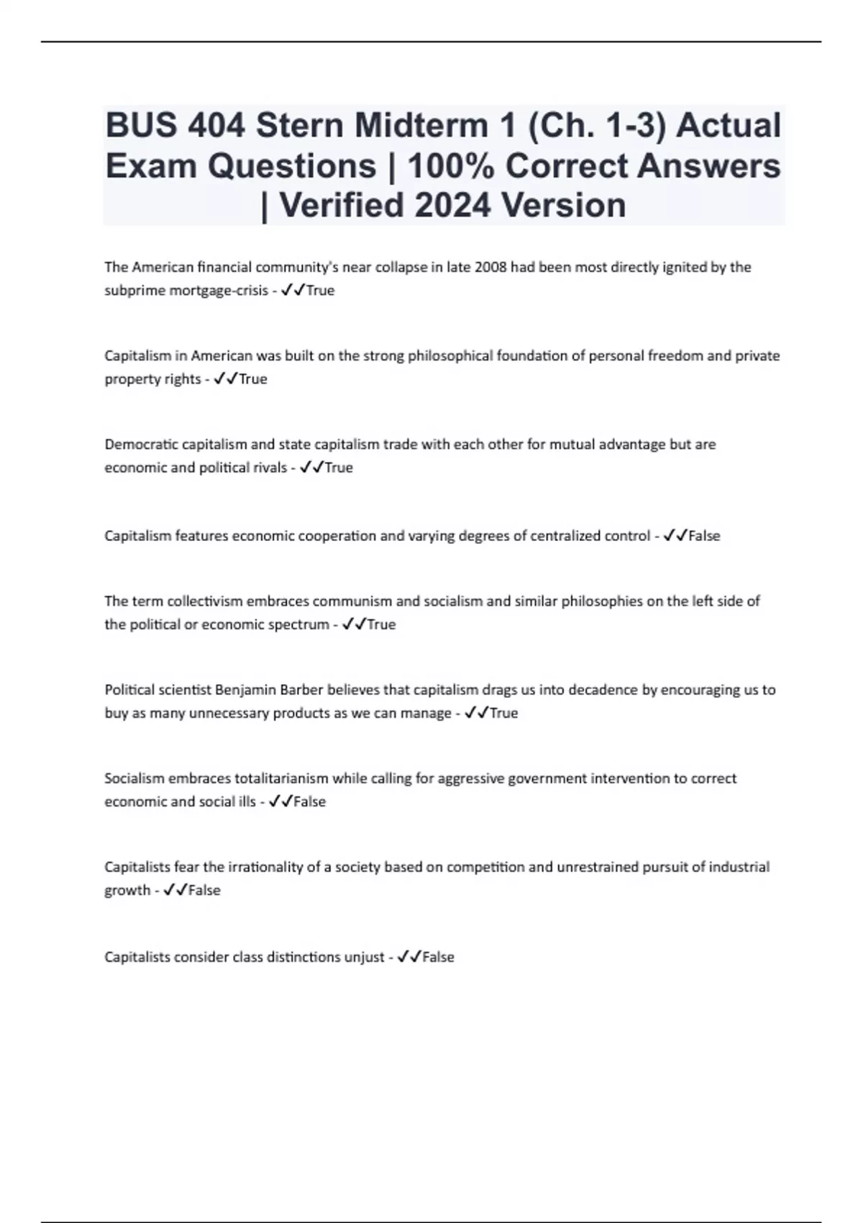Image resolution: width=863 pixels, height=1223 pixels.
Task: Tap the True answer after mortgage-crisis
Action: [320, 291]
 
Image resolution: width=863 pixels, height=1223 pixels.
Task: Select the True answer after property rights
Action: [252, 379]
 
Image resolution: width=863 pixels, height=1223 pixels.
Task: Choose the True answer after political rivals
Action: [339, 468]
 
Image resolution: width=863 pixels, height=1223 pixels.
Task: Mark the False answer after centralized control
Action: [704, 536]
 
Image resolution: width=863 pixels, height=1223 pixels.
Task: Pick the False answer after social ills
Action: [310, 801]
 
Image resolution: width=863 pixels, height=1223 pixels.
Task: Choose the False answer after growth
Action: [204, 890]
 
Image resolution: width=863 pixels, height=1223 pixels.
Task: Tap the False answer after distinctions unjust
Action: [438, 958]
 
